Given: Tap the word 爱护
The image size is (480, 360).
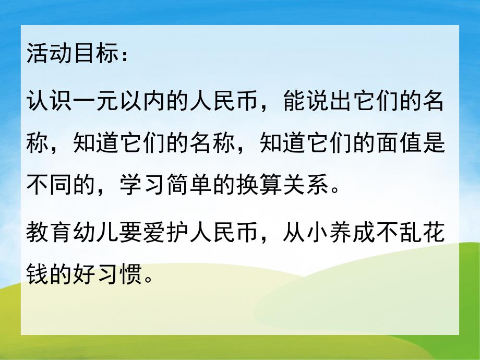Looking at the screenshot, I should tap(167, 234).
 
